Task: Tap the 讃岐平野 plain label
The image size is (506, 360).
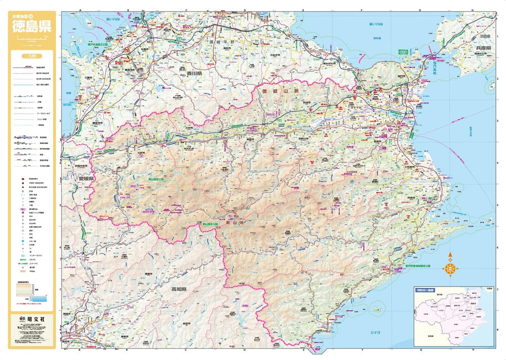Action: (222, 42)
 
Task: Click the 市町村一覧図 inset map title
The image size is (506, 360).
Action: (425, 291)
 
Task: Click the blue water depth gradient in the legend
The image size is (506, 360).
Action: (40, 297)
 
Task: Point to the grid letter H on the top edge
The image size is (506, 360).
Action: (472, 10)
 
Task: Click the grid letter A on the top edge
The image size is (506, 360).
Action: (80, 10)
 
